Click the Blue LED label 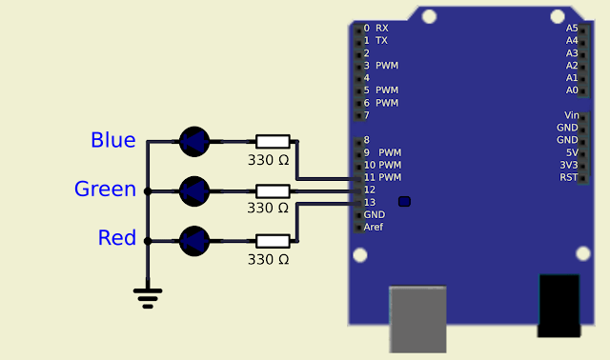click(112, 140)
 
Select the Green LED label click(105, 190)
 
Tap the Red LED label click(117, 238)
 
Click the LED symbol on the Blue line click(193, 142)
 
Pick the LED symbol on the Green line click(193, 190)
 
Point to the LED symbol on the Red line click(193, 240)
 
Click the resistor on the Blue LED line click(273, 142)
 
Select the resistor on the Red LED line click(273, 240)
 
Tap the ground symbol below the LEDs click(148, 298)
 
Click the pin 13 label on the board click(370, 202)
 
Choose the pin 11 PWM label click(382, 177)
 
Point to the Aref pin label click(374, 227)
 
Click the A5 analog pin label click(572, 29)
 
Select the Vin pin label click(571, 115)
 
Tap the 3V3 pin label click(569, 165)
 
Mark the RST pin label click(568, 177)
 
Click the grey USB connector click(417, 320)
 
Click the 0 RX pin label click(376, 29)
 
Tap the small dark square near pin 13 click(404, 201)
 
